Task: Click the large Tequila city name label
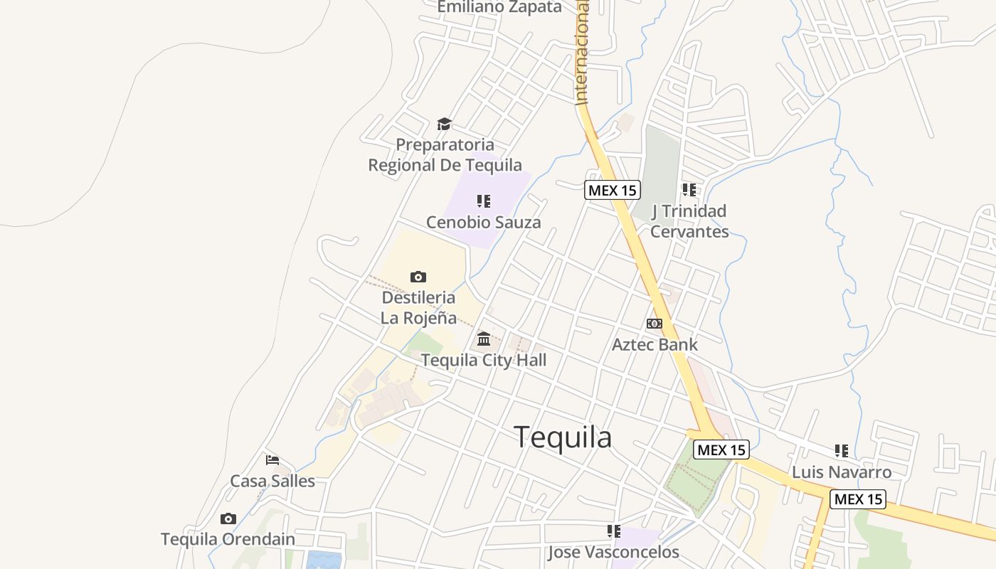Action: pos(562,437)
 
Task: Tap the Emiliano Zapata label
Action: pos(499,7)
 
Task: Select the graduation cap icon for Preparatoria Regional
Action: pos(445,124)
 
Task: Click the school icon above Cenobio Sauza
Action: pos(484,201)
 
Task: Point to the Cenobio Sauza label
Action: pos(483,222)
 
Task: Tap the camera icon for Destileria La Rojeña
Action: pos(418,277)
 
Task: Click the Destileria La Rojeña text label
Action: pos(418,307)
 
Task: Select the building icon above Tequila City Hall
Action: pos(484,339)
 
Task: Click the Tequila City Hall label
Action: pos(484,360)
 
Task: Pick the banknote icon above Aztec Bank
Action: pos(655,324)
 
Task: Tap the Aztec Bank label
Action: pos(655,344)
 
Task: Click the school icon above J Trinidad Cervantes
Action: pos(689,190)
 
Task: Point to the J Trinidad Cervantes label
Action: pos(689,221)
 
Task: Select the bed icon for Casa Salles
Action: pos(272,460)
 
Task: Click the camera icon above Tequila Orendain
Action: pos(228,519)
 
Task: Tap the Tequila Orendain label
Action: pos(228,539)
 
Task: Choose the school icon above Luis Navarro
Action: pos(842,451)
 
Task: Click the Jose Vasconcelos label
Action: pos(613,552)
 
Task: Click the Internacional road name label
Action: pos(582,53)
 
